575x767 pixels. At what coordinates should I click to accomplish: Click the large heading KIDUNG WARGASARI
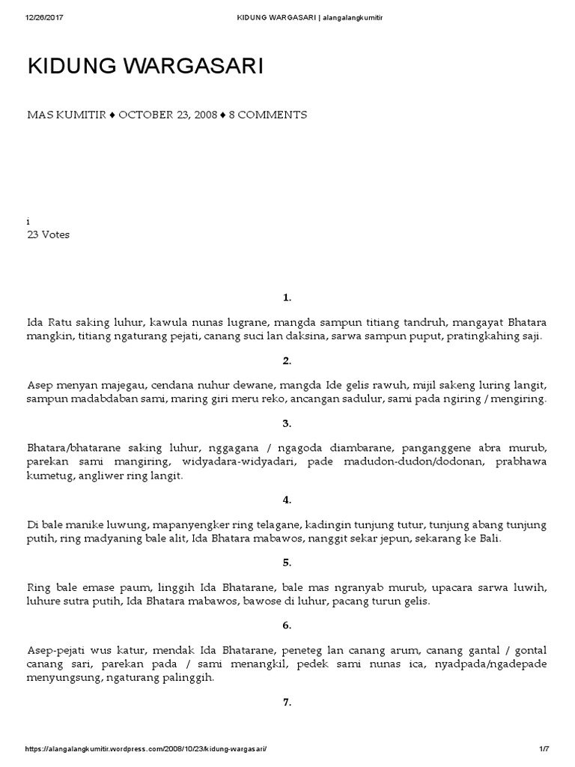point(145,67)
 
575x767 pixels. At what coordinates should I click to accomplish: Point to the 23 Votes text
point(48,234)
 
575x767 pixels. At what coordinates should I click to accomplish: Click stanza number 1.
point(287,298)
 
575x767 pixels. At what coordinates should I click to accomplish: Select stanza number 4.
point(287,500)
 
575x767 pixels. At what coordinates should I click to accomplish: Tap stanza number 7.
point(287,702)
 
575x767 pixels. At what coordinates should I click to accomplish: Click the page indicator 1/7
point(544,750)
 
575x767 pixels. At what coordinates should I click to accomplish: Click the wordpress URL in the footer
point(146,750)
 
